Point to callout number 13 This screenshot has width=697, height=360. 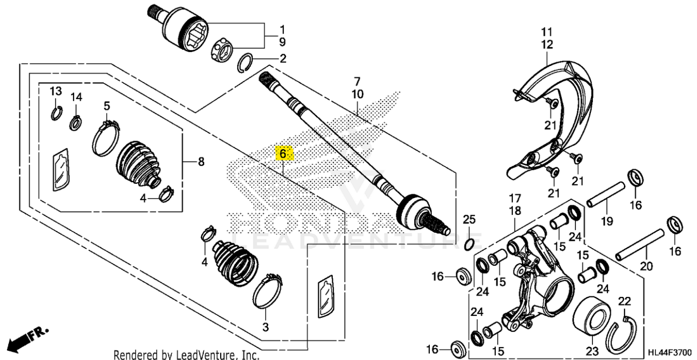click(x=56, y=91)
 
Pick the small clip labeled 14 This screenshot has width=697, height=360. click(x=75, y=121)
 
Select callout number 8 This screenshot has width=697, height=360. click(x=200, y=161)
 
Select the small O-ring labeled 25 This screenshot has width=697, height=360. click(x=469, y=243)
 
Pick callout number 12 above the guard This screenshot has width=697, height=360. click(x=547, y=45)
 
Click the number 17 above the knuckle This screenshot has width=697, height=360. click(x=515, y=198)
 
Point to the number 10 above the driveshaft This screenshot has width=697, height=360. click(x=357, y=94)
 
